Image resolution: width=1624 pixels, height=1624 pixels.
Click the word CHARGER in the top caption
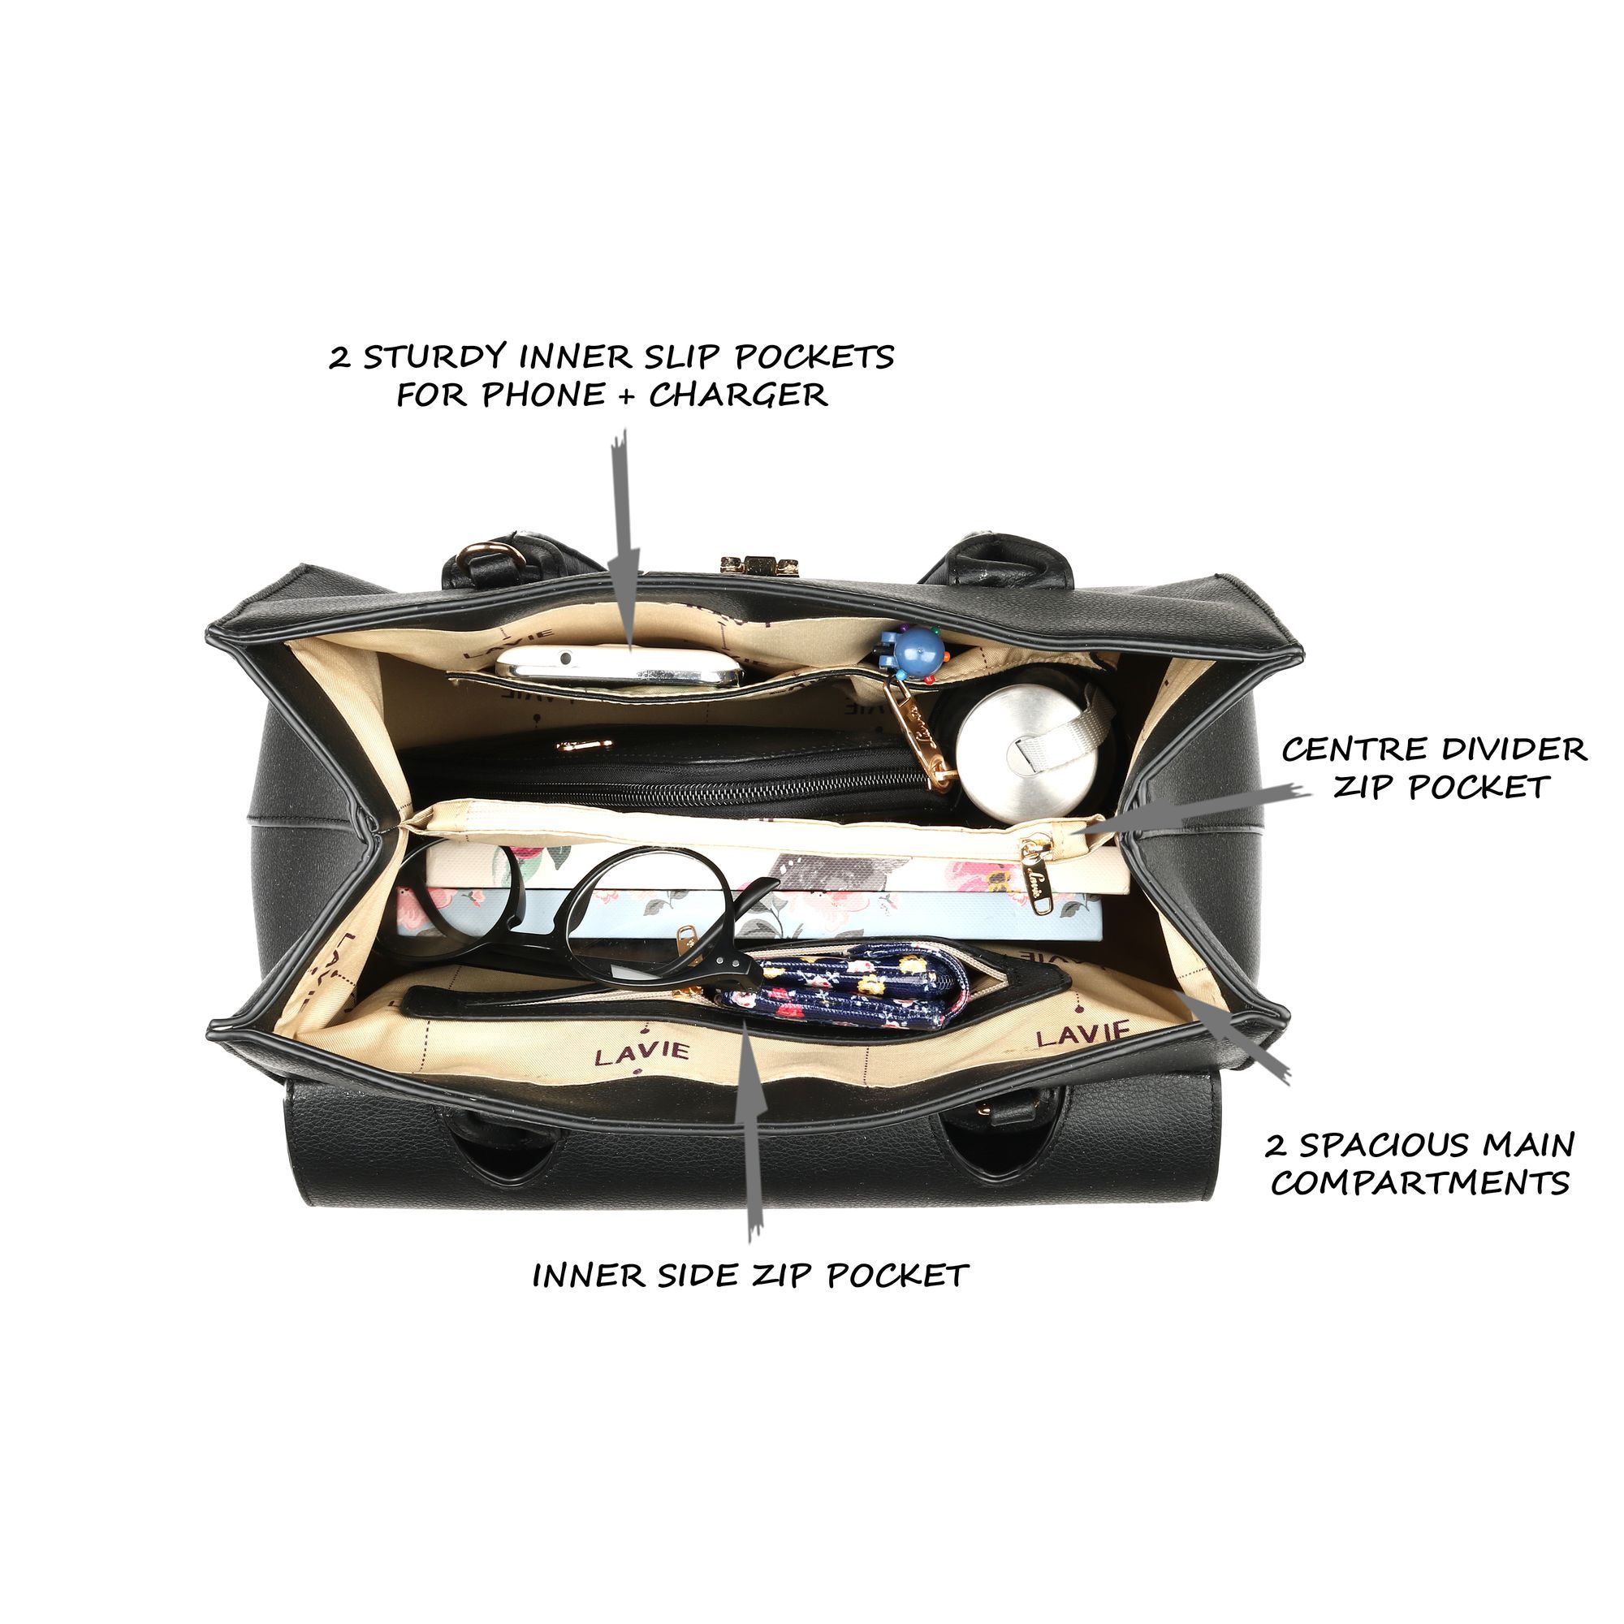[738, 395]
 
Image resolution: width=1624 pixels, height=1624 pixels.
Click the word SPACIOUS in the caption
[1388, 1145]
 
